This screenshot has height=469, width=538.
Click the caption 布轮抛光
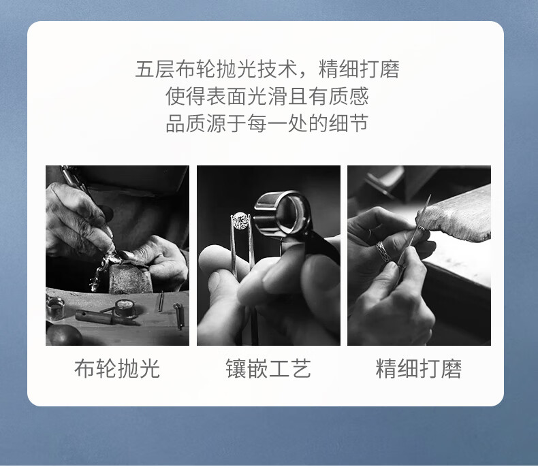pos(117,369)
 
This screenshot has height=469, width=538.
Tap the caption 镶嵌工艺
pos(268,369)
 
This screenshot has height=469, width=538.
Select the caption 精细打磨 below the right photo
pos(419,369)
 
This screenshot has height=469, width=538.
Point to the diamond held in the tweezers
pos(240,221)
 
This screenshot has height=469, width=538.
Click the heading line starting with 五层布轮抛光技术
pos(267,69)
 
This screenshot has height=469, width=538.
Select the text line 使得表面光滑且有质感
pos(267,97)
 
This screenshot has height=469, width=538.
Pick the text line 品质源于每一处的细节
pos(267,123)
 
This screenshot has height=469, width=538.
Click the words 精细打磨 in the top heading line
pos(360,69)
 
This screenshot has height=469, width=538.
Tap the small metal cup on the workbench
pos(55,308)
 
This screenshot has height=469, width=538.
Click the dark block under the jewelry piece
pos(130,278)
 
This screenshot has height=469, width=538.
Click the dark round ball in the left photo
pos(64,335)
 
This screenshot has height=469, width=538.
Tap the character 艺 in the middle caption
pos(301,369)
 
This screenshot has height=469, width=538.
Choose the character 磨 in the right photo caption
pos(452,369)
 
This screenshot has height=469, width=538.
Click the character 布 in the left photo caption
pos(84,369)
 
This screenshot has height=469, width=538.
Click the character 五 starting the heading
pos(145,69)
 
